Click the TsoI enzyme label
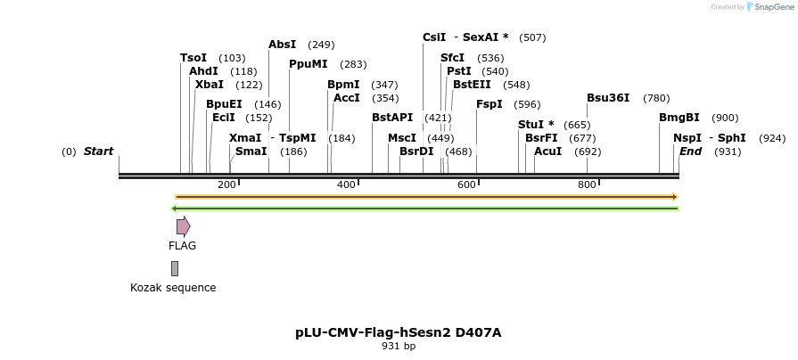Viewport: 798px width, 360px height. pyautogui.click(x=193, y=58)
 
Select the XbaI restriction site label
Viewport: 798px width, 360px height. pyautogui.click(x=210, y=85)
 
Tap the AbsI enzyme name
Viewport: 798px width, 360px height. pyautogui.click(x=283, y=45)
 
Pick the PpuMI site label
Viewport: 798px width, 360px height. pyautogui.click(x=309, y=64)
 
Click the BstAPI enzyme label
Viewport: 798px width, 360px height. pyautogui.click(x=392, y=118)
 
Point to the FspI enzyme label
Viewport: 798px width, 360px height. pyautogui.click(x=489, y=104)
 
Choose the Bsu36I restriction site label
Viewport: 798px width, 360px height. pyautogui.click(x=608, y=98)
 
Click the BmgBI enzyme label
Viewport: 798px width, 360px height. pyautogui.click(x=679, y=118)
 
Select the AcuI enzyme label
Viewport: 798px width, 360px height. pyautogui.click(x=548, y=151)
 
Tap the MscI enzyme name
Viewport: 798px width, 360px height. pyautogui.click(x=402, y=138)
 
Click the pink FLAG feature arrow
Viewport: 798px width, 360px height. pyautogui.click(x=183, y=226)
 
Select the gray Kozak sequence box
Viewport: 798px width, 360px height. pyautogui.click(x=175, y=268)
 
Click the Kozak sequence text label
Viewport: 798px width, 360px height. pyautogui.click(x=173, y=288)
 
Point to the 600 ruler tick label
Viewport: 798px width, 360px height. pyautogui.click(x=466, y=184)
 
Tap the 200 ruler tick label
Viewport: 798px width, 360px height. pyautogui.click(x=226, y=184)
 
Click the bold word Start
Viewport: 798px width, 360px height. pyautogui.click(x=98, y=151)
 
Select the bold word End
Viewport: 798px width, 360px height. pyautogui.click(x=690, y=151)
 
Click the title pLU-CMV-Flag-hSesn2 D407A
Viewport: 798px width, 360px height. pyautogui.click(x=399, y=332)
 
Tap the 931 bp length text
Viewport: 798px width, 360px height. pyautogui.click(x=399, y=347)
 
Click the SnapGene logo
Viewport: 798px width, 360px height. pyautogui.click(x=769, y=7)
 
